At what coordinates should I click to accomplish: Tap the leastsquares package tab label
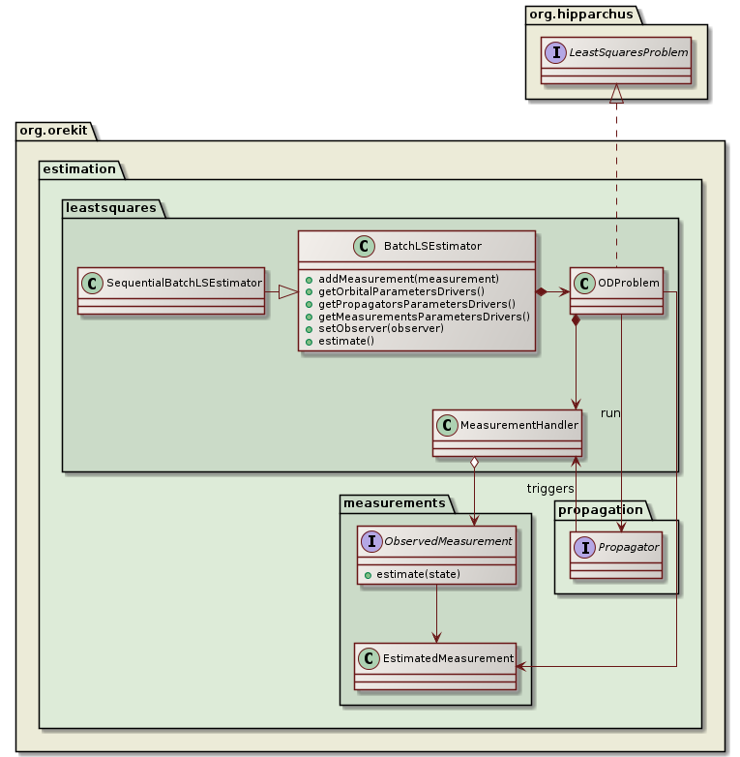tap(112, 206)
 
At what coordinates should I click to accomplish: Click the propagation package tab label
tap(602, 509)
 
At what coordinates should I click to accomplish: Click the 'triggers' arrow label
tap(550, 488)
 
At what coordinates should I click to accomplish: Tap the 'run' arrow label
tap(610, 412)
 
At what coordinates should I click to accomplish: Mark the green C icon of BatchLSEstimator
tap(367, 247)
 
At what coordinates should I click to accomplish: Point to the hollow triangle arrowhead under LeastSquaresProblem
tap(616, 94)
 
